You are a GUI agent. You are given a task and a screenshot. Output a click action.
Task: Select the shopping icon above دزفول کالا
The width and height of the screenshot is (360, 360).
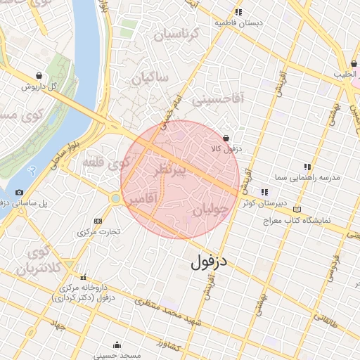[x=226, y=138]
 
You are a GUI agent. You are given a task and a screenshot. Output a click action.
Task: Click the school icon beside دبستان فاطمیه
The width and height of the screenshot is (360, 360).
[x=239, y=12]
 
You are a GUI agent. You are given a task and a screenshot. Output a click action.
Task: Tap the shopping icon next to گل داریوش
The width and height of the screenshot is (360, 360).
[x=37, y=75]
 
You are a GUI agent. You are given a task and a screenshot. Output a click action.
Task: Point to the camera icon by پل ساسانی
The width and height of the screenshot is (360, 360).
[x=19, y=192]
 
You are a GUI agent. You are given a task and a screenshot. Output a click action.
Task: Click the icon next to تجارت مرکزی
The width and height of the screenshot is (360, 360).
[x=97, y=221]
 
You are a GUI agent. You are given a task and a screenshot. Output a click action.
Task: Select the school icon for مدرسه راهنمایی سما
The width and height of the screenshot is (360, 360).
[x=307, y=167]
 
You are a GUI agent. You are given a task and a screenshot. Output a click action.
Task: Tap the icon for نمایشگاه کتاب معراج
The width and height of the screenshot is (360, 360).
[x=297, y=210]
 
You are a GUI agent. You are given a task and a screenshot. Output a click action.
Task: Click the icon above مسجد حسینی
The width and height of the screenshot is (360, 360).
[x=116, y=345]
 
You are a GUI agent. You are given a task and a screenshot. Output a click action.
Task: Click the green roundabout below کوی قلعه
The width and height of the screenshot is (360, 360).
[x=115, y=198]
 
